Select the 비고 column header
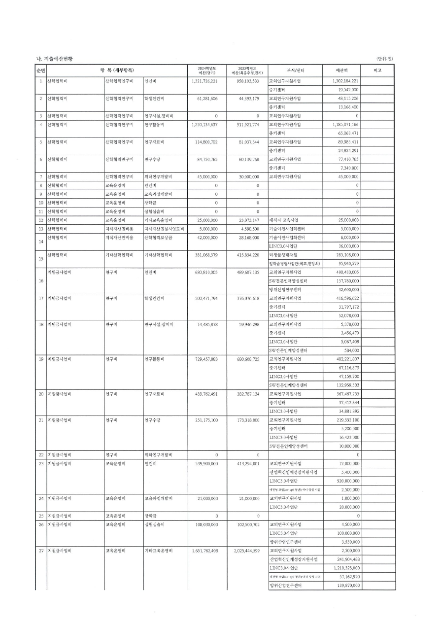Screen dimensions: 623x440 click(378, 70)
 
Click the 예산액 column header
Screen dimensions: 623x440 click(342, 70)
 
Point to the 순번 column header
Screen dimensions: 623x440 click(41, 70)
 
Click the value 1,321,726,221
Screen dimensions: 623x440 click(204, 80)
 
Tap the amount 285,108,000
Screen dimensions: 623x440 click(344, 255)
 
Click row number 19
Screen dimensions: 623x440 click(41, 359)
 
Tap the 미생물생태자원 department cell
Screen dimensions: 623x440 click(286, 255)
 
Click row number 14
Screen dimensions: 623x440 click(41, 242)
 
